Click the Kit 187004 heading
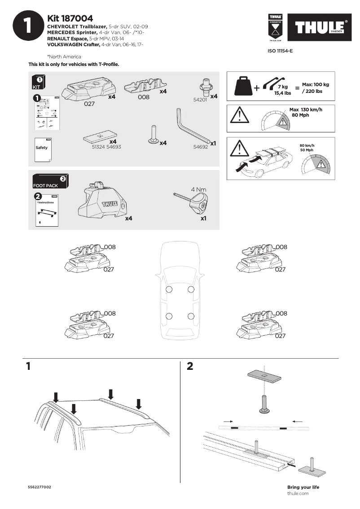pos(70,18)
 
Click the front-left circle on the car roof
pos(169,289)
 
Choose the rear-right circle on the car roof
pos(191,316)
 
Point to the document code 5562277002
pos(40,487)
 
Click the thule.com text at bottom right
pos(298,493)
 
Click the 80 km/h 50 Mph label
pos(307,147)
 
